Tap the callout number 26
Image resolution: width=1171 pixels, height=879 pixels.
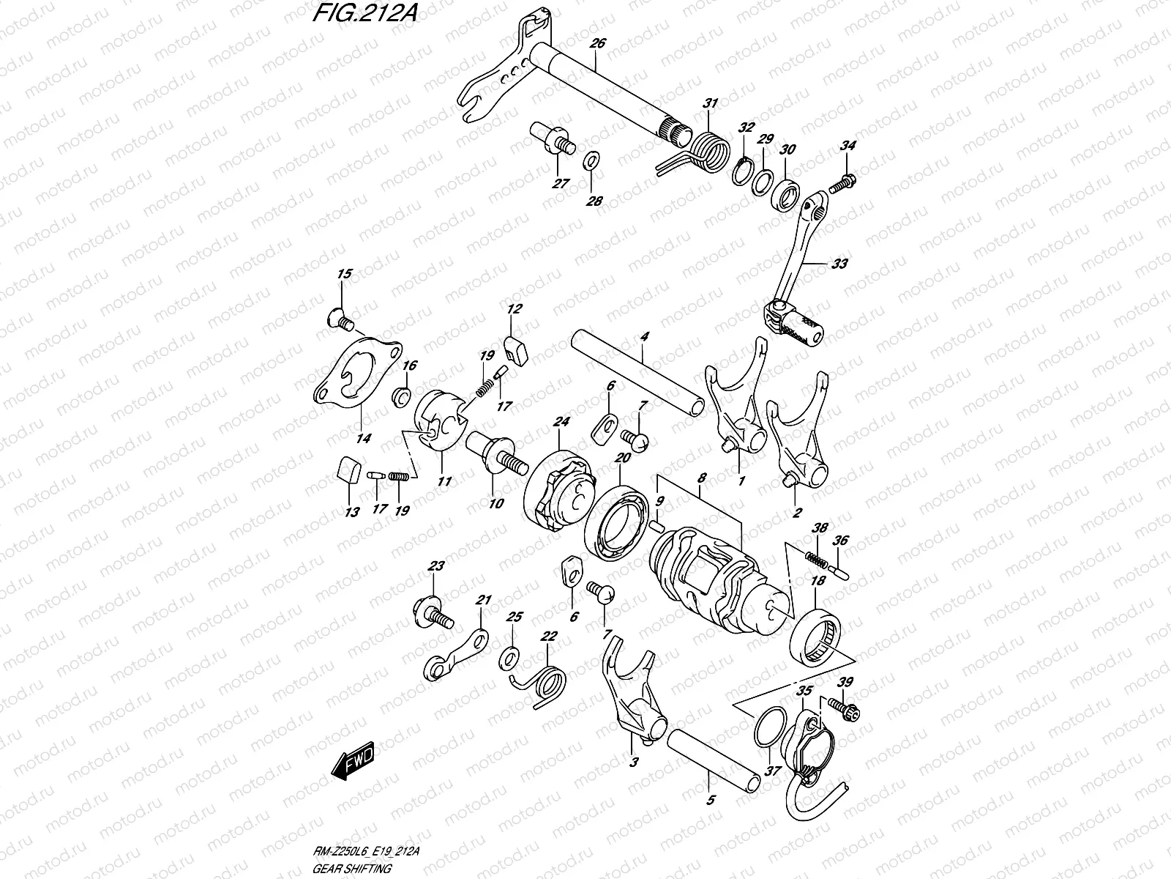point(597,44)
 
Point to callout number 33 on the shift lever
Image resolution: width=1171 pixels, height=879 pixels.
point(839,264)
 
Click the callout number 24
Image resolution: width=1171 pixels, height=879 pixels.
point(561,422)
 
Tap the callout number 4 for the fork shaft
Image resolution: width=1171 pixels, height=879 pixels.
point(644,337)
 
